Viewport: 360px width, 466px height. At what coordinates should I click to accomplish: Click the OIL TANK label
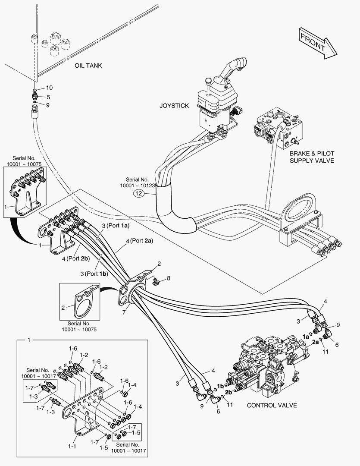(x=88, y=66)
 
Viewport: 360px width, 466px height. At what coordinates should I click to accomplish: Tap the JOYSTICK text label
(x=174, y=106)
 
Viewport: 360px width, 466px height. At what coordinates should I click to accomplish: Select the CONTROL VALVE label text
(x=272, y=405)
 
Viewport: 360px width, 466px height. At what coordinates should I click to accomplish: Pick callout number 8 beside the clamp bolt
(x=169, y=278)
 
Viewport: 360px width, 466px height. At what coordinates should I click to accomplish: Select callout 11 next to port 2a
(x=326, y=352)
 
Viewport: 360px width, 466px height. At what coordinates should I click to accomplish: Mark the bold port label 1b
(x=220, y=385)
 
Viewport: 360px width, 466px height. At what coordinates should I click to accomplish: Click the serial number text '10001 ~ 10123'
(x=137, y=185)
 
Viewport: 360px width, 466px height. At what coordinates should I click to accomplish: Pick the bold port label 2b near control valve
(x=229, y=392)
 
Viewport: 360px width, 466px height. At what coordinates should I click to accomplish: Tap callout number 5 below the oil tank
(x=48, y=97)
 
